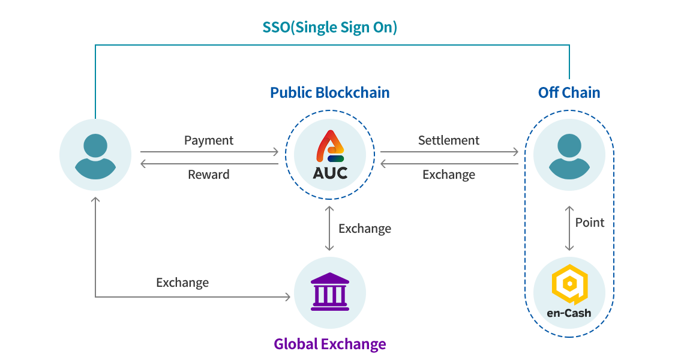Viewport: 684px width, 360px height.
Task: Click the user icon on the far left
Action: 95,155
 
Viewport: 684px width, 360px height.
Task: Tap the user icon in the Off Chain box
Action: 569,155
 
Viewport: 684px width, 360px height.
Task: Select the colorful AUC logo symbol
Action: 329,146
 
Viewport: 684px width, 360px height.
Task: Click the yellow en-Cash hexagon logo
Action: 569,284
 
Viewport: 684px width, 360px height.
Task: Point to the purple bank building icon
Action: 329,292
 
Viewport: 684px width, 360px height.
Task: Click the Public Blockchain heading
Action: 329,93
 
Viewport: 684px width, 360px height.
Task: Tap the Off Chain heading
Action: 569,93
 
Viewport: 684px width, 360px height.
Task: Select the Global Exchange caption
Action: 329,344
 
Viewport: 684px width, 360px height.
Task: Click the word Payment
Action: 208,140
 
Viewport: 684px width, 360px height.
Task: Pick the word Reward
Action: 208,175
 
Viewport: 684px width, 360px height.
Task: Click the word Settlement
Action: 448,140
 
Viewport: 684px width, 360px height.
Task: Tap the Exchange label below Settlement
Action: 448,175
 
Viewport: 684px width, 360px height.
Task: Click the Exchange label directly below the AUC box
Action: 364,229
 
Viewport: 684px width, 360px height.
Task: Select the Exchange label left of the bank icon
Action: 182,283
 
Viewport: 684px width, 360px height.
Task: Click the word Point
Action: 590,223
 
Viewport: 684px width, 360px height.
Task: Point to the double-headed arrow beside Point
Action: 569,229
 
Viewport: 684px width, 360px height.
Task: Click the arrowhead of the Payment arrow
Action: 276,152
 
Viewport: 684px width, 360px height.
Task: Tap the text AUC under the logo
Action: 329,173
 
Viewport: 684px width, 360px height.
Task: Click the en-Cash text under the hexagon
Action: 569,313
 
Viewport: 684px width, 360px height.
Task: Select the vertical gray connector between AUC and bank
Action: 329,228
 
